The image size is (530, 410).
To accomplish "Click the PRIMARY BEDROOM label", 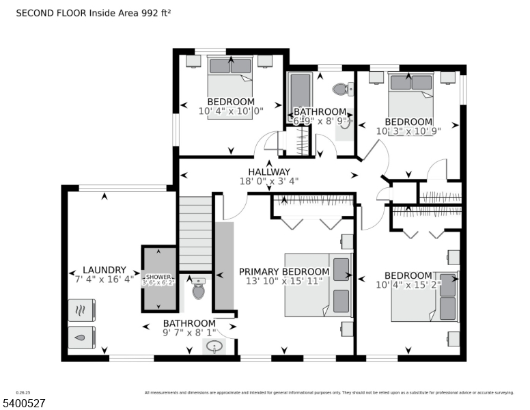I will (284, 271).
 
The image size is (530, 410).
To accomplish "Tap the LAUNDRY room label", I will (104, 270).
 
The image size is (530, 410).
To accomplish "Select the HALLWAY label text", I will (269, 172).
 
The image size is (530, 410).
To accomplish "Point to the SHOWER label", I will (158, 277).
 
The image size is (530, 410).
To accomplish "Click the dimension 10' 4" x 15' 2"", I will (407, 286).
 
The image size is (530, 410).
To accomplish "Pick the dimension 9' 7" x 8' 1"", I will (189, 333).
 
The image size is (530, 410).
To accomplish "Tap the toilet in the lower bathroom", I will (198, 290).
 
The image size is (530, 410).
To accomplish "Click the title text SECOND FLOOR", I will (47, 12).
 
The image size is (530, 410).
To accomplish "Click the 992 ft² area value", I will (154, 12).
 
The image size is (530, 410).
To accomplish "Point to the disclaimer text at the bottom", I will (329, 392).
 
